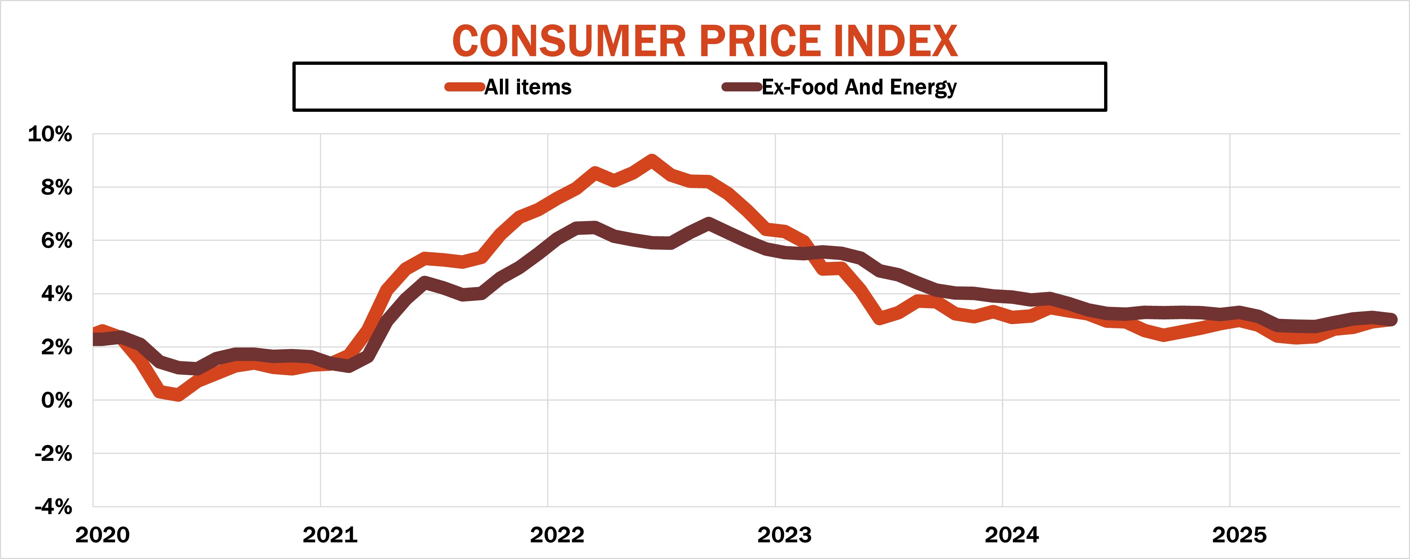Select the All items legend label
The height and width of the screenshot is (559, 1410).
[528, 87]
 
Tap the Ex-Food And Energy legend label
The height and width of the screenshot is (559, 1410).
[859, 87]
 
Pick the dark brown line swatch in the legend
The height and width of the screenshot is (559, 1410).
[741, 87]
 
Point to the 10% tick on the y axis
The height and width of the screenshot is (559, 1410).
[50, 134]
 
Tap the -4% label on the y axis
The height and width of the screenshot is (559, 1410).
[53, 507]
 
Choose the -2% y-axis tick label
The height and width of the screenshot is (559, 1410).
[53, 454]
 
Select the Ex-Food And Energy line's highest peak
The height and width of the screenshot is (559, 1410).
[709, 223]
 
